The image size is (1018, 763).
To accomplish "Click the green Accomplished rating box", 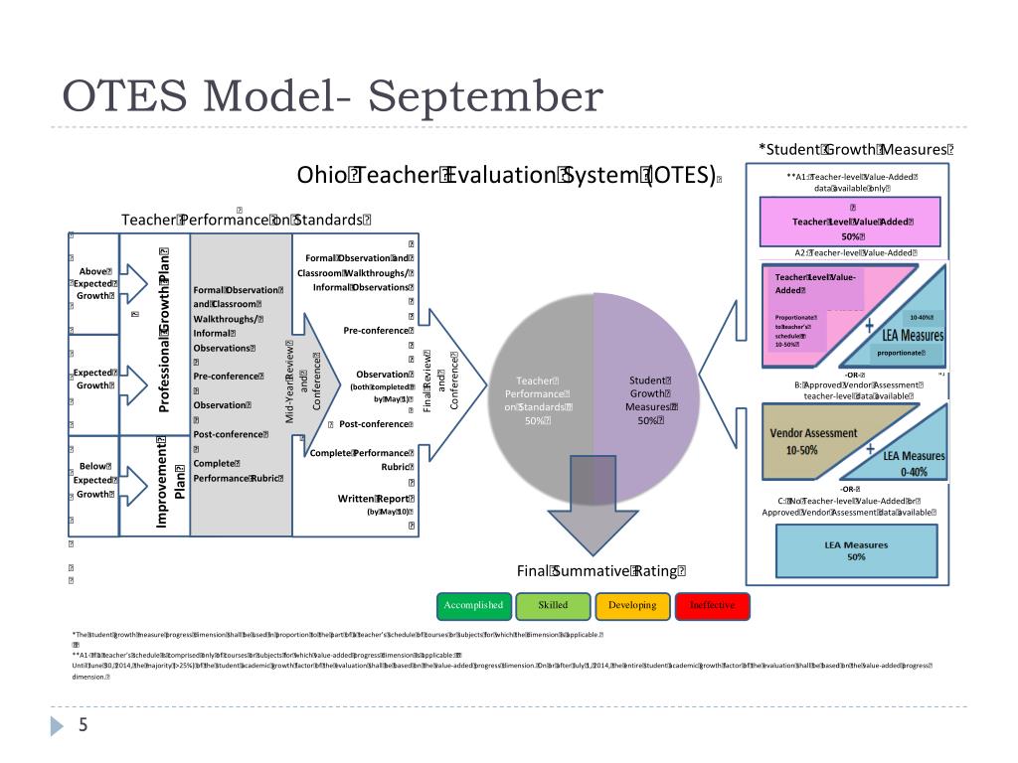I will point(473,605).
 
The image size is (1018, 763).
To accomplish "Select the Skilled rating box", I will point(553,605).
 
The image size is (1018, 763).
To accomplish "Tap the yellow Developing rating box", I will point(632,605).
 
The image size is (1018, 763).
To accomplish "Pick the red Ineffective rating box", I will point(712,605).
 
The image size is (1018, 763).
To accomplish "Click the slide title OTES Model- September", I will point(333,97).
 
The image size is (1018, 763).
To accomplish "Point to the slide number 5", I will point(84,726).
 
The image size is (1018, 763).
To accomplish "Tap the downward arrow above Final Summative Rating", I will point(594,507).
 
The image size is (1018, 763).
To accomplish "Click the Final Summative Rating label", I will point(600,570).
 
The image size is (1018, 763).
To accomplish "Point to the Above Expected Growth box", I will point(96,282).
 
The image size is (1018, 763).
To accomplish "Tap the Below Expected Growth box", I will point(95,480).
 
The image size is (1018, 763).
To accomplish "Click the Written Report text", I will point(375,499).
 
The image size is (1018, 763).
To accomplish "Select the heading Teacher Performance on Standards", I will point(246,220).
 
